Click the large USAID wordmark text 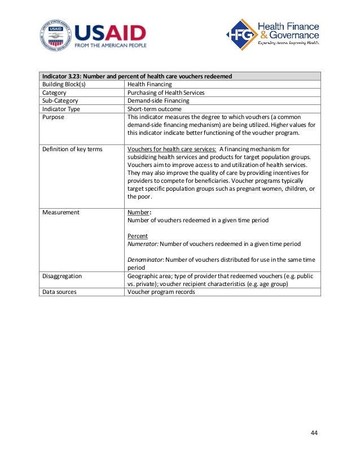coord(109,32)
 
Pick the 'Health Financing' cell coord(150,84)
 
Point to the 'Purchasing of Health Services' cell coord(166,93)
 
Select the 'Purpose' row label coord(54,117)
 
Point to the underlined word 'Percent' coord(138,236)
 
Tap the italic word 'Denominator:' coord(146,260)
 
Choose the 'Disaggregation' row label coord(62,276)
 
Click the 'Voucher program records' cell coord(161,292)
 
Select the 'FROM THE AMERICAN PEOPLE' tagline coord(111,45)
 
